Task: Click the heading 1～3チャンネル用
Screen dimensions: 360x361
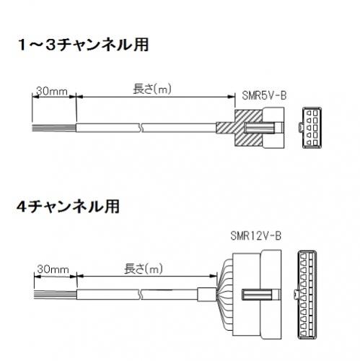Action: (84, 45)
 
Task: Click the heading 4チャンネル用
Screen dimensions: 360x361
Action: (69, 206)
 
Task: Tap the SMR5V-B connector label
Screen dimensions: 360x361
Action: (264, 95)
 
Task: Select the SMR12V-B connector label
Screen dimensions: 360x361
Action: (255, 235)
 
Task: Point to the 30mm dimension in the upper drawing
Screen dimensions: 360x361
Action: (52, 91)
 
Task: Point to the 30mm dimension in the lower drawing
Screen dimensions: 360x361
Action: (53, 269)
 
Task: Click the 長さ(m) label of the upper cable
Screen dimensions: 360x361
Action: (152, 89)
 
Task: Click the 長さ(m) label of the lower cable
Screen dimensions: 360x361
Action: (144, 269)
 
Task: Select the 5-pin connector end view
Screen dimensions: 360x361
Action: (311, 128)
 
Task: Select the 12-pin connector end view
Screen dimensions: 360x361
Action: (306, 295)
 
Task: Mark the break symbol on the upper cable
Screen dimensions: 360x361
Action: (141, 128)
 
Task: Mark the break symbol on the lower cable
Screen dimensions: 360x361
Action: (141, 295)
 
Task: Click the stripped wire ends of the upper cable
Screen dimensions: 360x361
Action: (54, 128)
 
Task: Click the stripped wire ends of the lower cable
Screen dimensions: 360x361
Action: (56, 295)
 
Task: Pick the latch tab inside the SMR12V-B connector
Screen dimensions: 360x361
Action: (261, 295)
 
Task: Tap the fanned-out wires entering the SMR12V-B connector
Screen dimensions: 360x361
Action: (225, 295)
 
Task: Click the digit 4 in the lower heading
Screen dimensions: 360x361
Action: (22, 207)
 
